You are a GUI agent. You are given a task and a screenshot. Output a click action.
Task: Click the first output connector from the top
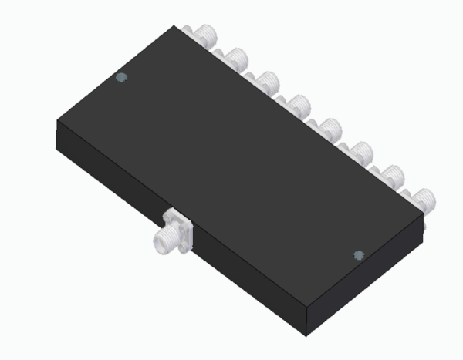coord(206,35)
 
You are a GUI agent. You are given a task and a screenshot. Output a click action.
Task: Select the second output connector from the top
coord(235,58)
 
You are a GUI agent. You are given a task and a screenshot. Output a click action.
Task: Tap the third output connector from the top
coord(266,81)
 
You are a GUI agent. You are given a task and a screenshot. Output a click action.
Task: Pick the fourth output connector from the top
coord(297,104)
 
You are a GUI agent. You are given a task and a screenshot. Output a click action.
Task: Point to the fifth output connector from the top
coord(330,127)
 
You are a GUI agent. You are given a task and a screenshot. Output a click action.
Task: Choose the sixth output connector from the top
coord(359,150)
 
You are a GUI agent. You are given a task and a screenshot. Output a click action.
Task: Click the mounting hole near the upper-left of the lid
coord(120,77)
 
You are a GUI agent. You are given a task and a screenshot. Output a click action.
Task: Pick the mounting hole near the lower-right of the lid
coord(357,255)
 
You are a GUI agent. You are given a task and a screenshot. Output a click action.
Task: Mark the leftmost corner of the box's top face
coord(56,124)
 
